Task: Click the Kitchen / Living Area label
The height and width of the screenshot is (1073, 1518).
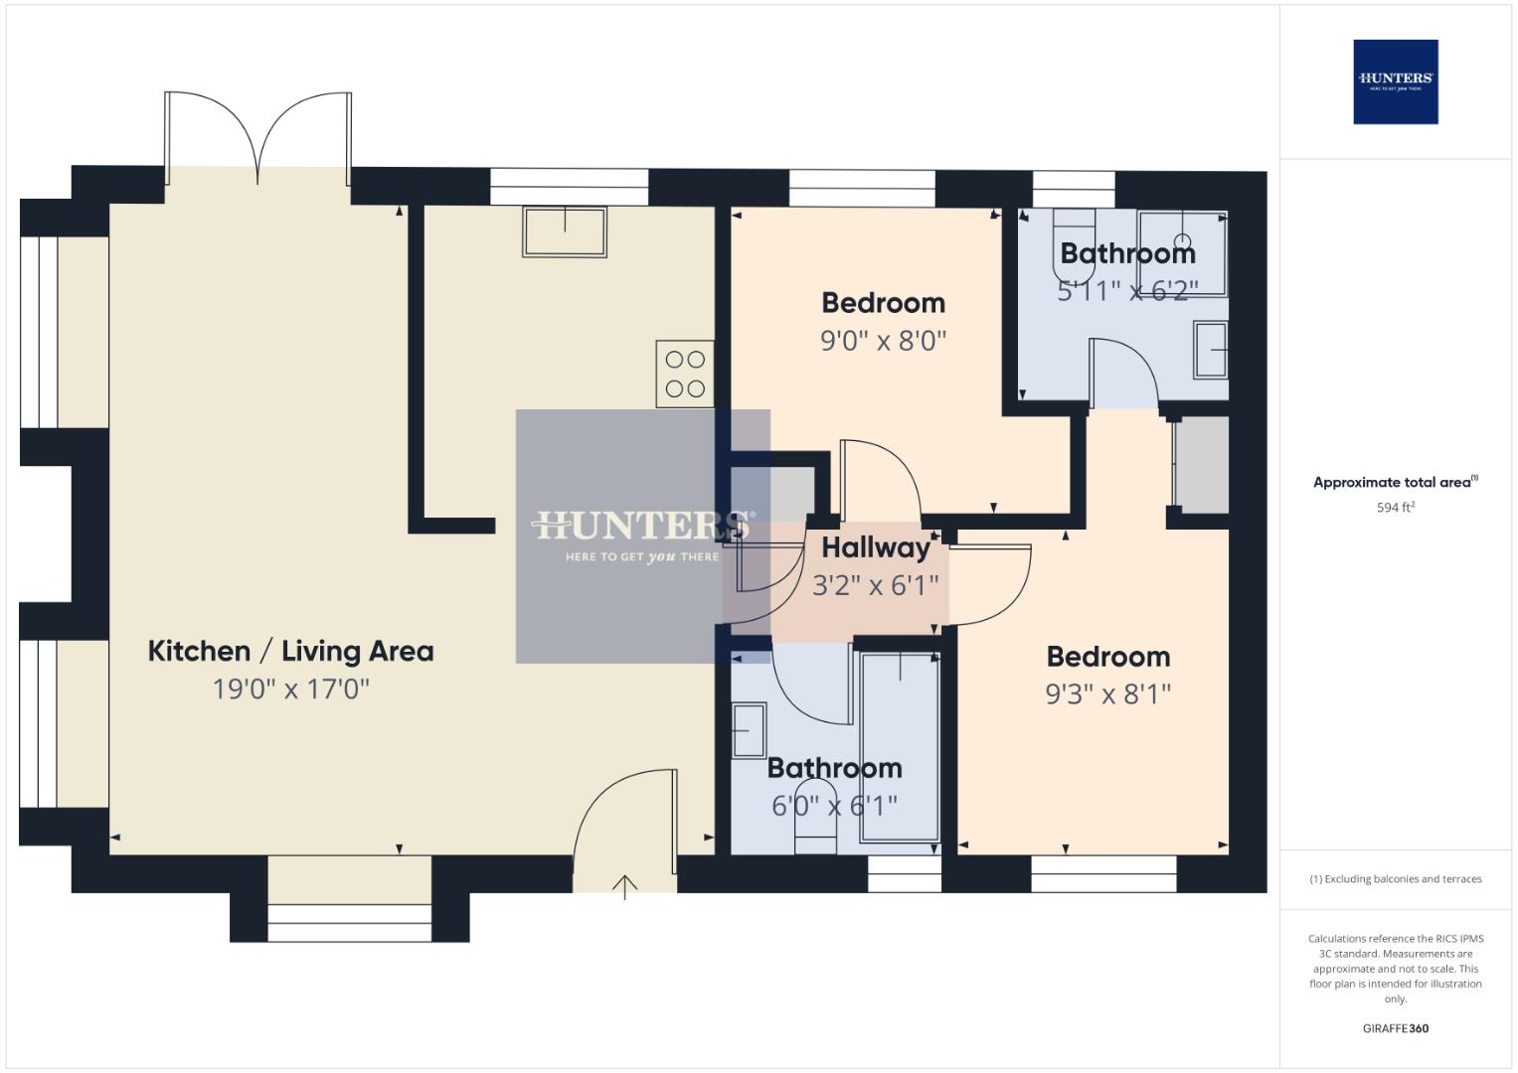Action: [x=290, y=652]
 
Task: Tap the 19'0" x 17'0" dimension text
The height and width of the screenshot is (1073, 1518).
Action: [x=290, y=689]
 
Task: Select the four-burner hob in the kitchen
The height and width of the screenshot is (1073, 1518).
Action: [x=684, y=374]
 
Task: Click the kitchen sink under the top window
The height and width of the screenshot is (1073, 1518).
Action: [x=565, y=231]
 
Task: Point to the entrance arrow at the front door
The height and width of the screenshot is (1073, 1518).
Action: [x=624, y=886]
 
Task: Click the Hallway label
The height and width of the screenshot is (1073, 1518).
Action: [x=875, y=547]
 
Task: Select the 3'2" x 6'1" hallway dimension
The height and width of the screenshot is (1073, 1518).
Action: [x=875, y=585]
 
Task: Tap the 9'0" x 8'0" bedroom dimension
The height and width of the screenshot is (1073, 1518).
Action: [x=883, y=341]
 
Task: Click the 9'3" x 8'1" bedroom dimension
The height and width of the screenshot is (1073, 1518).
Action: [x=1107, y=693]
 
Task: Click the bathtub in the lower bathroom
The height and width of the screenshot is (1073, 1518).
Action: [x=900, y=745]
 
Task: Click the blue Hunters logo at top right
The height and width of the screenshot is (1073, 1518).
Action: [x=1395, y=81]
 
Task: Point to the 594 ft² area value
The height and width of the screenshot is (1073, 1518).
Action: [x=1395, y=508]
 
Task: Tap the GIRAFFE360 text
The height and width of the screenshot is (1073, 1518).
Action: [x=1395, y=1028]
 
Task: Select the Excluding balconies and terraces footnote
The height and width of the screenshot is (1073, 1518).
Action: [x=1395, y=879]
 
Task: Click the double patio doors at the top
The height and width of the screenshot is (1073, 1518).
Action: [x=257, y=139]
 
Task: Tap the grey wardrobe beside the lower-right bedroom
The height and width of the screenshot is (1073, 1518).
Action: [x=1202, y=465]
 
